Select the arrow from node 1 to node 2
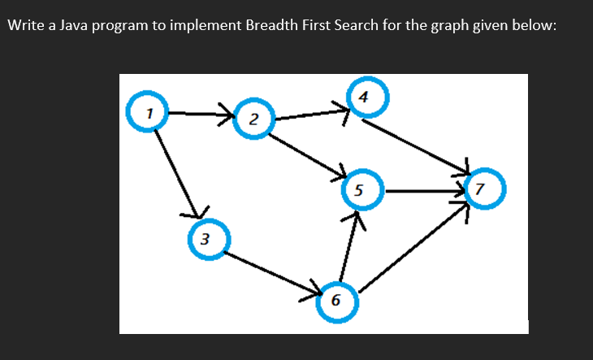point(201,114)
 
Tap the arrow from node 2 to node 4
point(312,115)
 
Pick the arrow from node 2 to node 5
point(307,155)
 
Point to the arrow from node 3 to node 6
point(272,273)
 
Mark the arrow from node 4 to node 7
point(416,147)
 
